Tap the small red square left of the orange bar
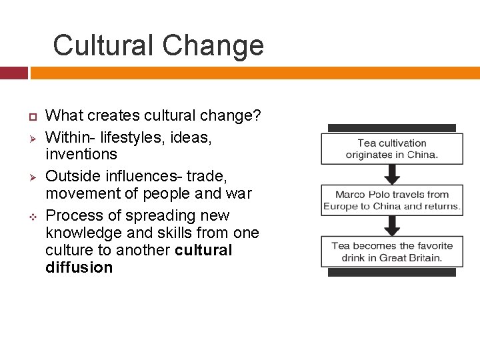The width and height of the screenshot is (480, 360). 13,73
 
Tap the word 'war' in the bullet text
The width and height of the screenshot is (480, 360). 238,194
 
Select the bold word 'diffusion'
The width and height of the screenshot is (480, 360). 79,268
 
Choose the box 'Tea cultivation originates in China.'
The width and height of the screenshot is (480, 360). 391,149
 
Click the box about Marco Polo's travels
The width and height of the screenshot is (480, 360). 391,200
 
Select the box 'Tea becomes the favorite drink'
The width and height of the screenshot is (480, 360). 391,251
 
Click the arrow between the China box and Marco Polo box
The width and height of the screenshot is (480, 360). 393,174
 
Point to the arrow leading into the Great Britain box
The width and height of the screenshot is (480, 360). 393,225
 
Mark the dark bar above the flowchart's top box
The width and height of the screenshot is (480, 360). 391,128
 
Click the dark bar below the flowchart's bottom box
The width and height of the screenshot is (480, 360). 391,272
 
